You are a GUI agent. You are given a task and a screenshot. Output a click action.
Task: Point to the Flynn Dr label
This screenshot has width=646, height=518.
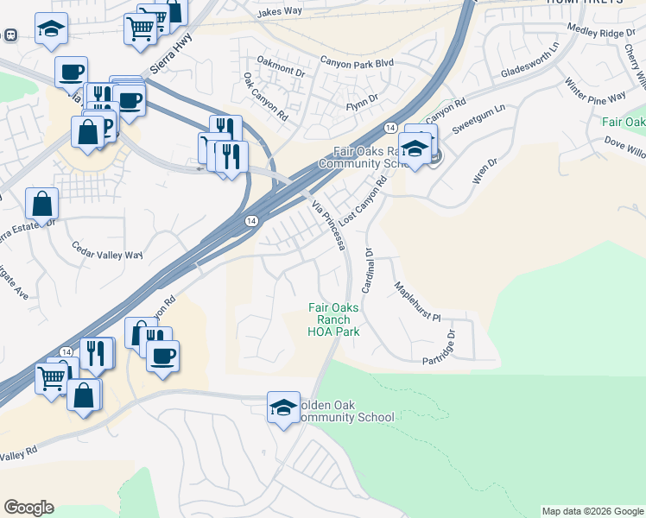362,100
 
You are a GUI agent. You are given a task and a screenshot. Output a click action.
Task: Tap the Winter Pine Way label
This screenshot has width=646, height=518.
595,95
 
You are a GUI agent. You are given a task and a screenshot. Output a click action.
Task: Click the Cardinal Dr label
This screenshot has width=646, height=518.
367,270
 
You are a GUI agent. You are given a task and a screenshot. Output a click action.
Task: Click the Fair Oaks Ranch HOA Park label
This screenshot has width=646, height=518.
333,319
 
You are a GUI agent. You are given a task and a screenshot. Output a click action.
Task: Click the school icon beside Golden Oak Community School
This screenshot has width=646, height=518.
282,407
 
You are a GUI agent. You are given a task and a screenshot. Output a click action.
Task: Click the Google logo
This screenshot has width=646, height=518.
28,507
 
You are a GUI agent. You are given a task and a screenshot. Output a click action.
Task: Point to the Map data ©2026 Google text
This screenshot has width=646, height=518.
592,511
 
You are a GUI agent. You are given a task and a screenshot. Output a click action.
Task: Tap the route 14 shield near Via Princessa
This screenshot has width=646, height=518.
250,221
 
